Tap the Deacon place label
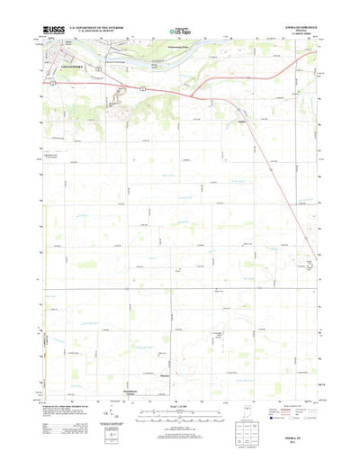[x=165, y=374]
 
